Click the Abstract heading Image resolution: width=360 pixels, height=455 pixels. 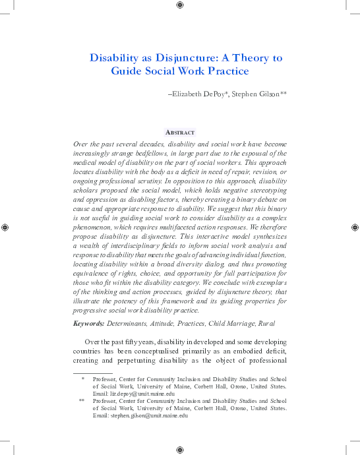click(x=180, y=132)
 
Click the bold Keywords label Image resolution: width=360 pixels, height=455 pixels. click(x=88, y=323)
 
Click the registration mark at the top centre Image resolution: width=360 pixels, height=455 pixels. click(x=180, y=5)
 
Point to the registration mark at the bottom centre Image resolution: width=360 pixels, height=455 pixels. click(x=180, y=449)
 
